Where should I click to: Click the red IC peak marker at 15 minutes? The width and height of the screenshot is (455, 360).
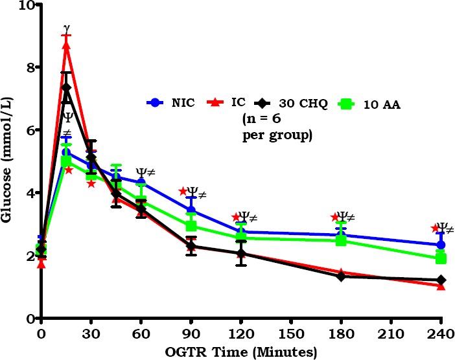pos(66,45)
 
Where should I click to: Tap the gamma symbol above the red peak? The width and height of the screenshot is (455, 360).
pos(66,28)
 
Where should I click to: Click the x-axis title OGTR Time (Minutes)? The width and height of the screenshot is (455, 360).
pos(240,352)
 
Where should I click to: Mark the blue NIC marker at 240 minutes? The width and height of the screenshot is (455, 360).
pos(441,245)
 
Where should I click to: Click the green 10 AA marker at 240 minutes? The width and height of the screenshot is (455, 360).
pos(441,258)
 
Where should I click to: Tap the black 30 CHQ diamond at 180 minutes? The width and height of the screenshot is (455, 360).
pos(341,276)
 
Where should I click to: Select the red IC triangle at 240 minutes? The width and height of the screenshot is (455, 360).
pos(441,286)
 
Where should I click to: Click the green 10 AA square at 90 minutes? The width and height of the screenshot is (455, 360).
pos(191,226)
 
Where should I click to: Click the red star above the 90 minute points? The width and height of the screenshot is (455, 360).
pos(183,191)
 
